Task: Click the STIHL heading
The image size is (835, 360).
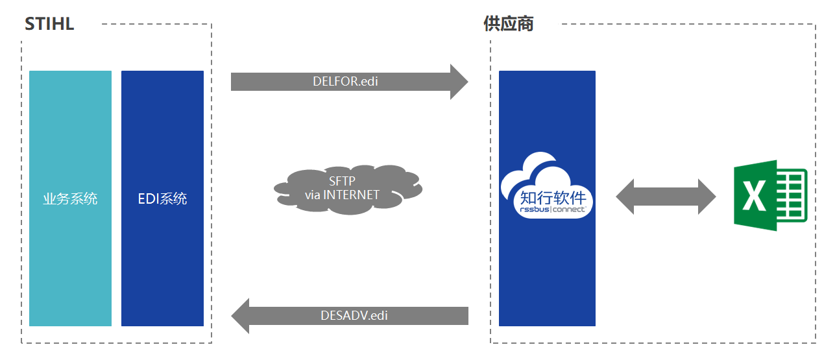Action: [x=49, y=24]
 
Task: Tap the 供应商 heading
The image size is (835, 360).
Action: [x=509, y=24]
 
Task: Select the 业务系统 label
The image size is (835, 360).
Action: [x=70, y=198]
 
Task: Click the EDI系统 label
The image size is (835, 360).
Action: [x=163, y=198]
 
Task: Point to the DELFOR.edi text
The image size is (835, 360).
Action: [x=345, y=81]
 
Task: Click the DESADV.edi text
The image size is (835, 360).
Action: [x=354, y=316]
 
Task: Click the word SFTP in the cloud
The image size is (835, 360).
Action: [x=342, y=181]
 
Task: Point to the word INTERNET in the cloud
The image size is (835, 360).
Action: [x=351, y=195]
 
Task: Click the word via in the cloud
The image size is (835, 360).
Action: [x=312, y=195]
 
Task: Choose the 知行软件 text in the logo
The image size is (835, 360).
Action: [x=553, y=197]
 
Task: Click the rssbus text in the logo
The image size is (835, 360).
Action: [x=535, y=210]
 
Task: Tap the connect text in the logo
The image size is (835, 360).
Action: [x=568, y=210]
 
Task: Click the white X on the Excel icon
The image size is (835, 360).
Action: [x=754, y=196]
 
